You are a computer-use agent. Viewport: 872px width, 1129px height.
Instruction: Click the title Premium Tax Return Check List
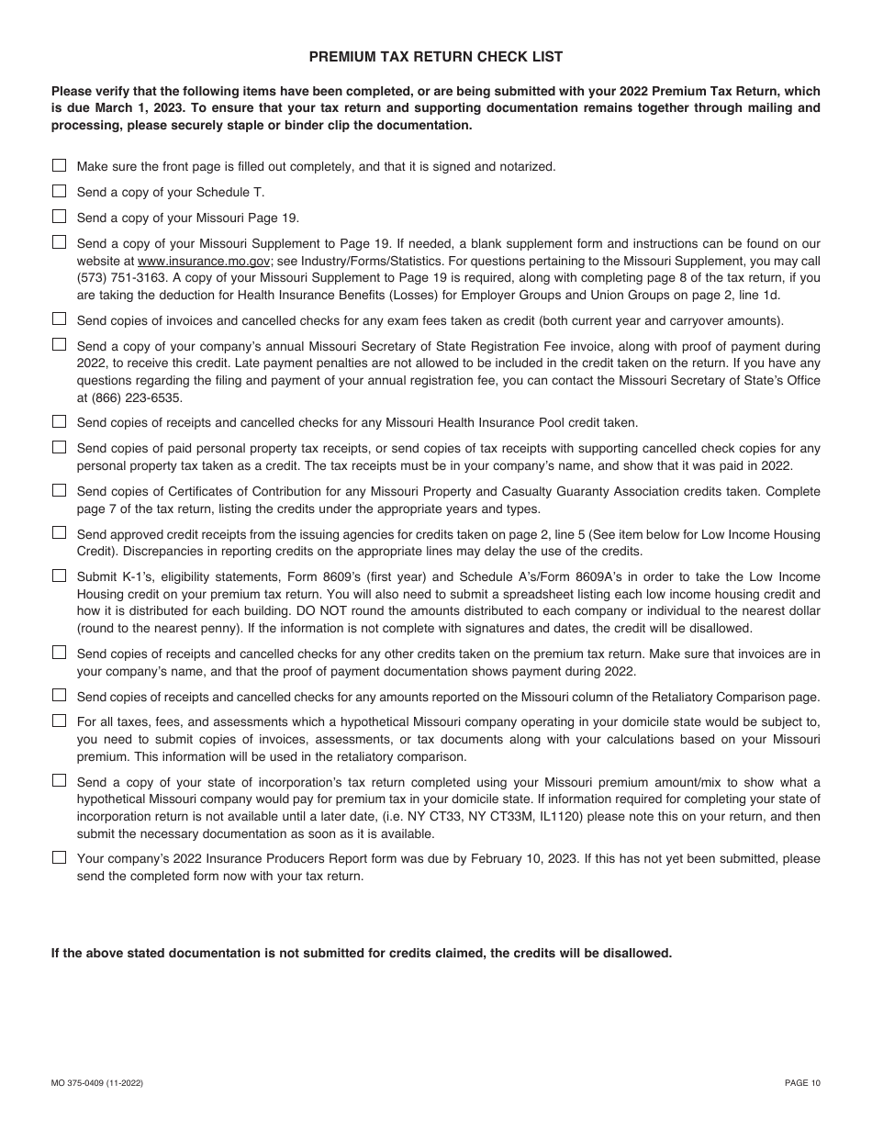(435, 57)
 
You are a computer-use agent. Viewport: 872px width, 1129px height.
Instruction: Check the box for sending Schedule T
(59, 191)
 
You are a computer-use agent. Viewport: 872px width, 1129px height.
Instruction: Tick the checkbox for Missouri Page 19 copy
(59, 217)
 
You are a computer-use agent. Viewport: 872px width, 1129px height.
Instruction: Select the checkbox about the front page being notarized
(59, 165)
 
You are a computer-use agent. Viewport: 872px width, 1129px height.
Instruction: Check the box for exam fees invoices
(59, 319)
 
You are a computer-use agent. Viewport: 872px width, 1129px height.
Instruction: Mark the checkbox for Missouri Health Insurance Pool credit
(59, 421)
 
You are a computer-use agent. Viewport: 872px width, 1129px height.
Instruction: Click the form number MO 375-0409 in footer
(96, 1083)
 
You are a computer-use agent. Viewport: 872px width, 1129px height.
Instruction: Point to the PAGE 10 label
(802, 1083)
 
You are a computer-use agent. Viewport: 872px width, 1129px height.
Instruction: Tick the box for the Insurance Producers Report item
(59, 857)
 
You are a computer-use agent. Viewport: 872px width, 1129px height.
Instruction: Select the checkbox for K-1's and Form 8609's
(59, 576)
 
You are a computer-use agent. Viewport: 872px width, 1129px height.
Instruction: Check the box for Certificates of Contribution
(59, 490)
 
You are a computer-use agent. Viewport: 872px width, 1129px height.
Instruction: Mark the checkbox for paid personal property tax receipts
(59, 447)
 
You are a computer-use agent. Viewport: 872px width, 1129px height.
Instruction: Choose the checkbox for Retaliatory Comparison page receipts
(59, 696)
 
